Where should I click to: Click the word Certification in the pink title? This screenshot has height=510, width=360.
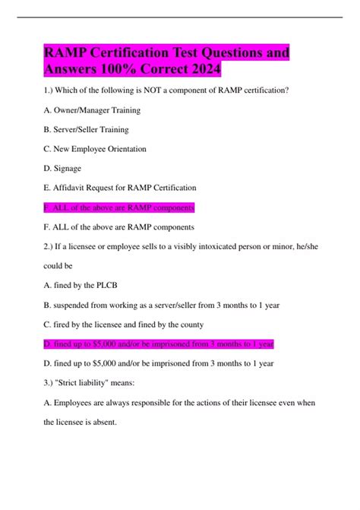coord(136,55)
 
